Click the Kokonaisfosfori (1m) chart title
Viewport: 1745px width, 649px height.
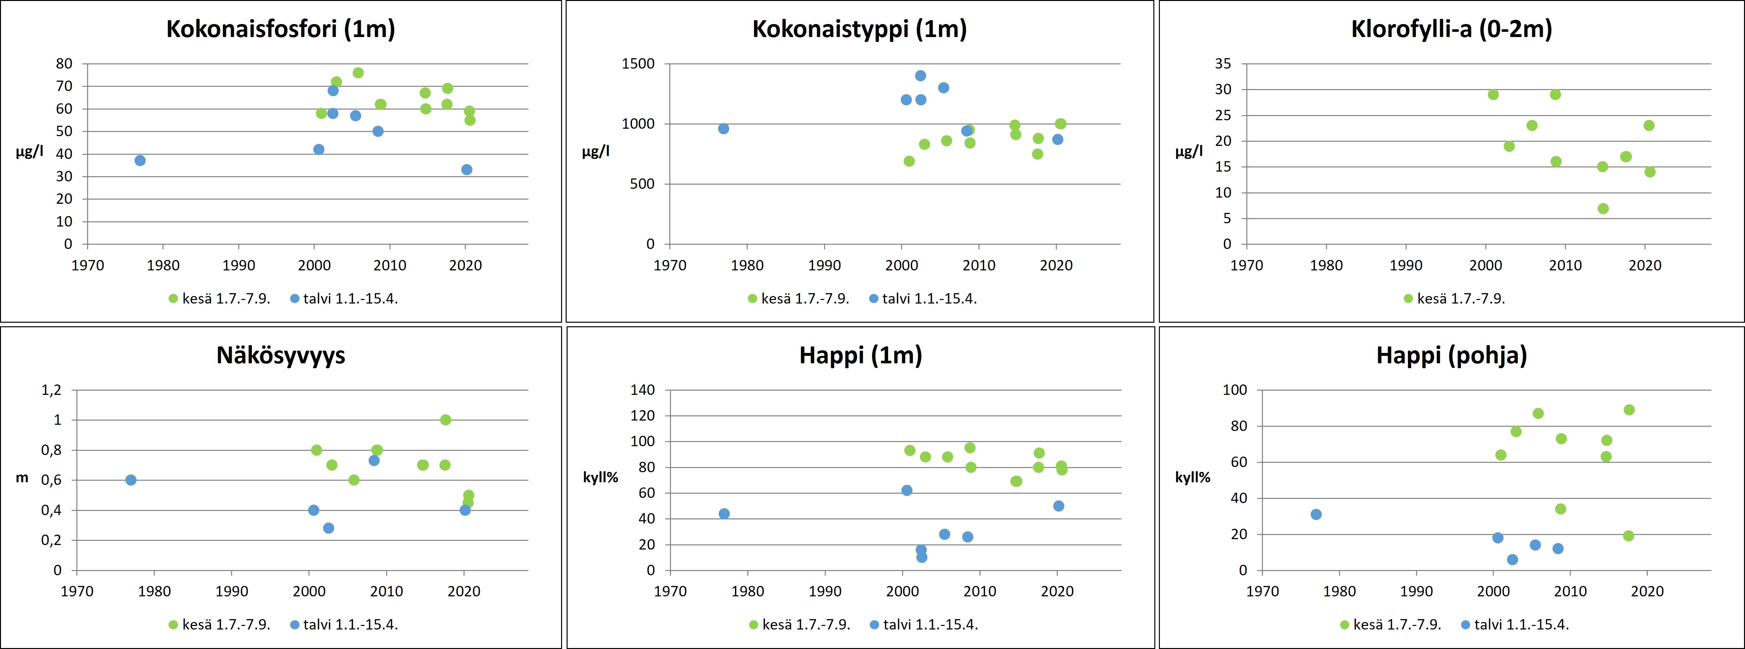tap(281, 29)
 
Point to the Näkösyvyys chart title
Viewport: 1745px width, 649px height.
tap(281, 356)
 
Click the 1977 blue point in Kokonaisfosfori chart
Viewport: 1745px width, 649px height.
tap(140, 161)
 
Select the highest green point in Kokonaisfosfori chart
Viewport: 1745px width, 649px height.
tap(358, 72)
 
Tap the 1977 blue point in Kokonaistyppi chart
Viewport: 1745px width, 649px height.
tap(724, 129)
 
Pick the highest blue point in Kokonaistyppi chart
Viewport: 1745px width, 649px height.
tap(921, 76)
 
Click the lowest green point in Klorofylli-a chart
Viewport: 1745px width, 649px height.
tap(1603, 209)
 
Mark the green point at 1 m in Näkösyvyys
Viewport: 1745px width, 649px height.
tap(445, 420)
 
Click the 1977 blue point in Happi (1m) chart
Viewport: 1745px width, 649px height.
tap(724, 513)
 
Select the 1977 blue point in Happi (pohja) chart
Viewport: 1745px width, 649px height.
tap(1316, 514)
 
